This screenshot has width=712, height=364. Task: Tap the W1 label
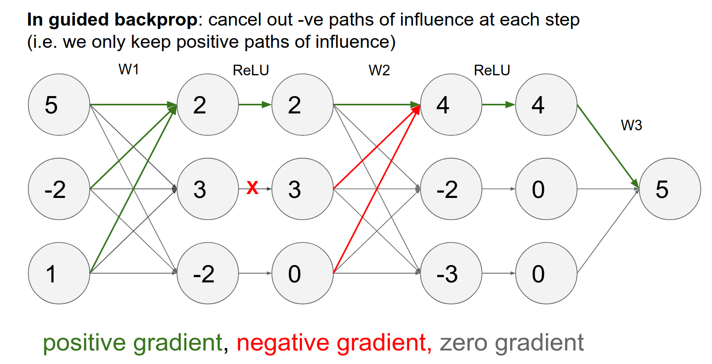click(x=128, y=70)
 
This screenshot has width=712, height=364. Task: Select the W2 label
click(x=379, y=70)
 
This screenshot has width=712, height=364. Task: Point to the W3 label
click(x=631, y=126)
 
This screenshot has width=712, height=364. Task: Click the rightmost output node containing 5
click(x=670, y=189)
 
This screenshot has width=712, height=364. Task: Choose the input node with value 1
click(x=59, y=274)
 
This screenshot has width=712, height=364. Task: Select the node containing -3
click(x=451, y=274)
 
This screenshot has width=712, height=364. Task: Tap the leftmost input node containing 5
click(x=59, y=104)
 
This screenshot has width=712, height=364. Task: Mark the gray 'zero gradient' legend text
click(x=512, y=343)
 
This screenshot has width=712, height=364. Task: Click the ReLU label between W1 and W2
click(x=251, y=70)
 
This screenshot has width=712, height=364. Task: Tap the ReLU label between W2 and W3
click(x=492, y=70)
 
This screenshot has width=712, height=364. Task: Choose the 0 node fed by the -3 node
click(x=546, y=274)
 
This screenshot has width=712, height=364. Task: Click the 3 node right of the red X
click(x=302, y=189)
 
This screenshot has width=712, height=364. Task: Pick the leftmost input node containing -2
click(x=59, y=189)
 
